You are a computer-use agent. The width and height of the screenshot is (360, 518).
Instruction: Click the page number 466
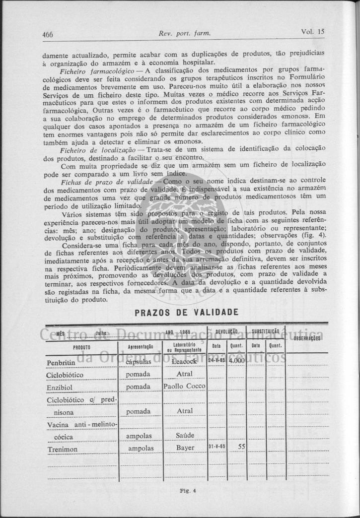tap(48, 34)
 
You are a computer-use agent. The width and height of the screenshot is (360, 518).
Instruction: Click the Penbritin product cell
tap(61, 362)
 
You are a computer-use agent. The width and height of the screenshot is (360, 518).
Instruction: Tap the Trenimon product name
tap(62, 450)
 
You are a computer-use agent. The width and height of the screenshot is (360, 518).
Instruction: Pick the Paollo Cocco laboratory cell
tap(184, 386)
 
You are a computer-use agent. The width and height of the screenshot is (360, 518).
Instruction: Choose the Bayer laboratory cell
tap(185, 448)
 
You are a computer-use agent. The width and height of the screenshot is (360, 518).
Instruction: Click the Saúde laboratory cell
tap(185, 435)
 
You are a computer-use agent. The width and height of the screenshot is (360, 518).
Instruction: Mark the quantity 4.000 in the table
tap(237, 361)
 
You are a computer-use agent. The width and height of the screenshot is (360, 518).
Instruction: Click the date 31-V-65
tap(217, 447)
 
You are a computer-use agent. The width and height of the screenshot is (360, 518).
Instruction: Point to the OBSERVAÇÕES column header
tap(306, 338)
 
